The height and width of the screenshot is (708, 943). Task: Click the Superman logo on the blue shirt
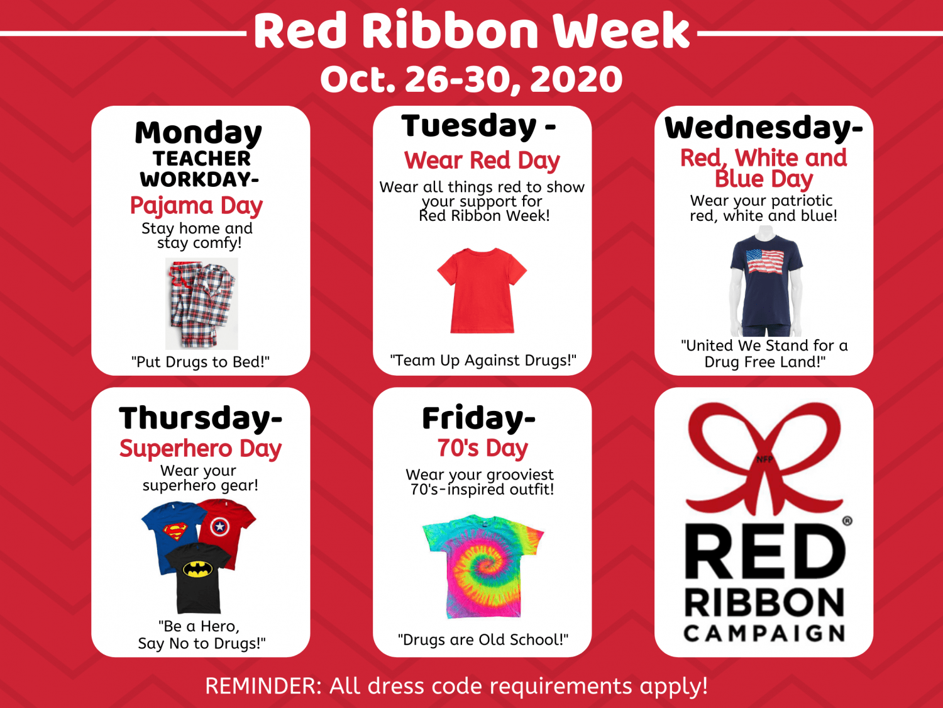175,531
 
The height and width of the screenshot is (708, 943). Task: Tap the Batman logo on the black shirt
198,569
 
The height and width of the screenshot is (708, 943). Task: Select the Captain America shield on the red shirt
219,526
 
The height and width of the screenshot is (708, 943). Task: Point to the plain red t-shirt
482,290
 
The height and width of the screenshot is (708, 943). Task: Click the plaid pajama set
202,303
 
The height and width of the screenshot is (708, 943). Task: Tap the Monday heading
198,132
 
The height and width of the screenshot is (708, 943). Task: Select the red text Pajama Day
196,206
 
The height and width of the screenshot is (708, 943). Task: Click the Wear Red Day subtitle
482,160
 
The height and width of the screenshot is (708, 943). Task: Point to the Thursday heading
201,418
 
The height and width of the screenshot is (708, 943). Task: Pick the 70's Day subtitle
482,448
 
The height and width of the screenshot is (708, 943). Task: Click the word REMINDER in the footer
263,685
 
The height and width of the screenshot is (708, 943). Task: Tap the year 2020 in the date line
576,79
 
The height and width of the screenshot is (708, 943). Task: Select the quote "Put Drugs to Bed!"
200,362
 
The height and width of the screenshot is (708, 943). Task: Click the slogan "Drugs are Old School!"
483,639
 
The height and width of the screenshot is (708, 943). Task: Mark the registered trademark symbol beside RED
847,521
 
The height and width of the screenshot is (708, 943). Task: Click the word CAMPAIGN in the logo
764,633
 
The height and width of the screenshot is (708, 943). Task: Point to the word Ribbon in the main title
449,30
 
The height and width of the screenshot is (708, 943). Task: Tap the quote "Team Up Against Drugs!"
483,360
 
